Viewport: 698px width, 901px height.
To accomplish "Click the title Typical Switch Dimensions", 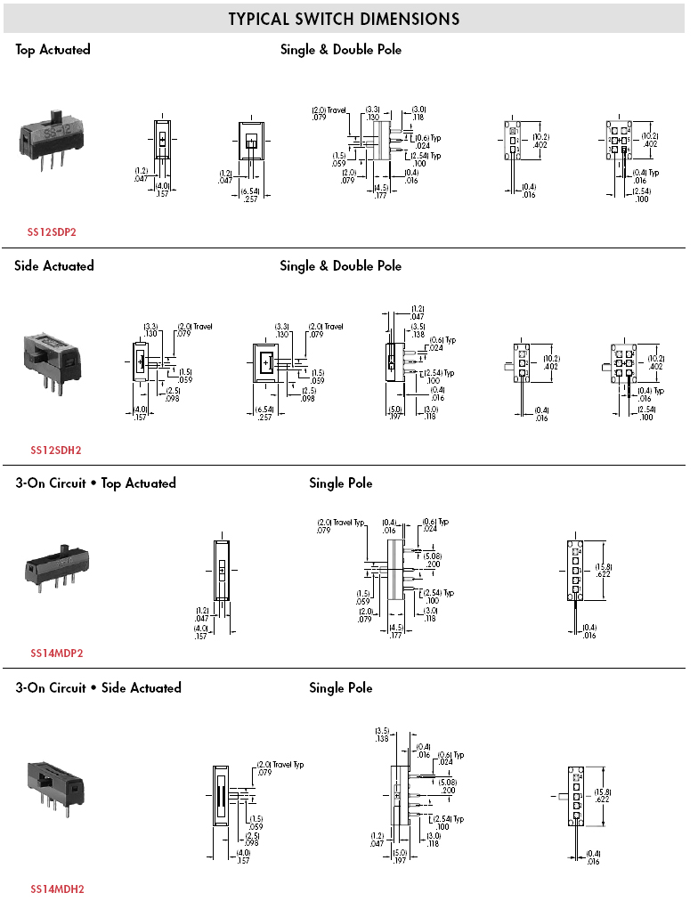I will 344,19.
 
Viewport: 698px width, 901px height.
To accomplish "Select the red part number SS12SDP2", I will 52,231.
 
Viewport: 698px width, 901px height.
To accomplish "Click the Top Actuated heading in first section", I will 53,50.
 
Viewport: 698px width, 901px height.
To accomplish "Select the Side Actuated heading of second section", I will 53,265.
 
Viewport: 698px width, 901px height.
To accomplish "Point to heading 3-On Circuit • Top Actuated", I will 95,483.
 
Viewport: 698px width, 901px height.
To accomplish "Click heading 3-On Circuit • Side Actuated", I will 98,687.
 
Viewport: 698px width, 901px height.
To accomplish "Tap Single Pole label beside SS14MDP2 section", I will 340,483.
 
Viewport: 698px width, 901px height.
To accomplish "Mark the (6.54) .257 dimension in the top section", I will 251,196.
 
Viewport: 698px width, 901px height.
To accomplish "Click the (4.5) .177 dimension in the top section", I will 381,191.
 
